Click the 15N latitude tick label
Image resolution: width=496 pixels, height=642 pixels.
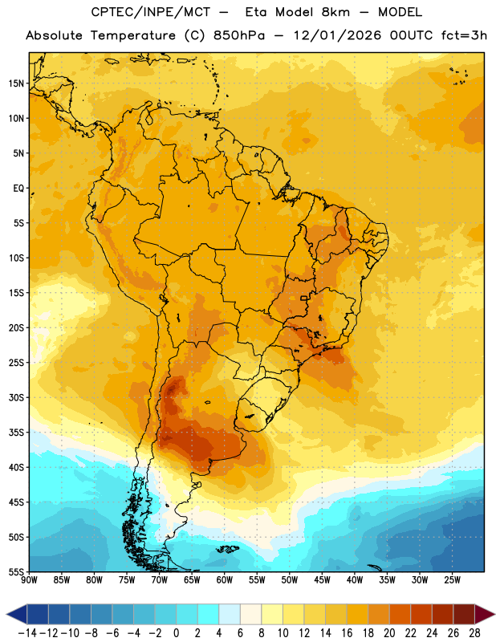click(x=16, y=83)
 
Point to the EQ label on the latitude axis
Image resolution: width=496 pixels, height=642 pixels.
click(x=18, y=189)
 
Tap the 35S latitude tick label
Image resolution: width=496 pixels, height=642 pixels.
click(x=16, y=433)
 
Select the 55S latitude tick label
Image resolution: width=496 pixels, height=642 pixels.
click(x=16, y=571)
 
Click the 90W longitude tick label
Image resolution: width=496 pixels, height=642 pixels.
click(x=29, y=580)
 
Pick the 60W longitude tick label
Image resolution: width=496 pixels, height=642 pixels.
click(x=225, y=580)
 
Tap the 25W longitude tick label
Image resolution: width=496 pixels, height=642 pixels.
click(x=452, y=580)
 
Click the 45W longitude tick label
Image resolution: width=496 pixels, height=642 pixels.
click(x=322, y=580)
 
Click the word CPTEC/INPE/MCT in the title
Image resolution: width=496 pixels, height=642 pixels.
click(x=150, y=12)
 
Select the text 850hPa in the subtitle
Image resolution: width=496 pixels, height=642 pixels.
click(x=239, y=35)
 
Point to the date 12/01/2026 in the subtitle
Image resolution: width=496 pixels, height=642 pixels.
click(x=337, y=35)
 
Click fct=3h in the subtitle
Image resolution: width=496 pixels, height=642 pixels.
click(x=464, y=35)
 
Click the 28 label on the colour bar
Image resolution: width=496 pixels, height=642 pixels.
click(x=474, y=633)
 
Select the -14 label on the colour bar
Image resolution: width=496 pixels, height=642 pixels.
click(x=27, y=633)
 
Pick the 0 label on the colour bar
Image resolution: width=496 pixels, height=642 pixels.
click(x=176, y=633)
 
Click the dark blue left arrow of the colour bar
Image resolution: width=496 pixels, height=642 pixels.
click(x=17, y=614)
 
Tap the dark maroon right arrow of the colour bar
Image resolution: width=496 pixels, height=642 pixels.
click(x=485, y=614)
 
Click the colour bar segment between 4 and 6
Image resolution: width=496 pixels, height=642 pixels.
click(x=230, y=614)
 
